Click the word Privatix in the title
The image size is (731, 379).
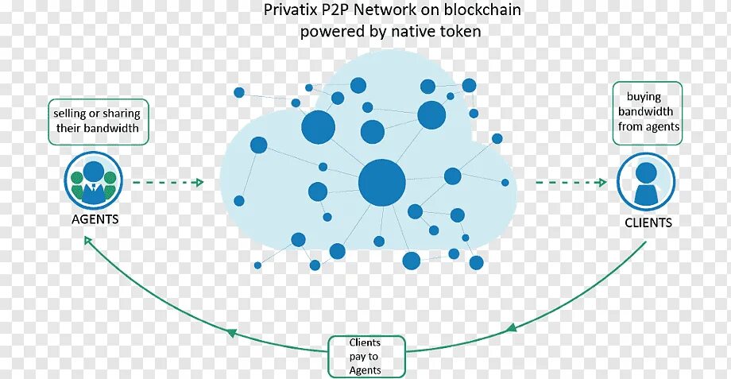click(291, 11)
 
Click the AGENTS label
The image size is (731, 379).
click(90, 219)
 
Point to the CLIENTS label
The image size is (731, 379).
click(648, 222)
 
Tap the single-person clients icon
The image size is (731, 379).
click(646, 181)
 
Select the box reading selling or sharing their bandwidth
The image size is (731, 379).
click(97, 121)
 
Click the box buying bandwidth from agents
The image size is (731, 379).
click(648, 112)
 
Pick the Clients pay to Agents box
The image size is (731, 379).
click(365, 356)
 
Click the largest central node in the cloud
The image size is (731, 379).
click(382, 182)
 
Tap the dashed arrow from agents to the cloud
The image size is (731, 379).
click(168, 182)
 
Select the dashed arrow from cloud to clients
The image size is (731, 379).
click(568, 182)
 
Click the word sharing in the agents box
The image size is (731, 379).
click(121, 114)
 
